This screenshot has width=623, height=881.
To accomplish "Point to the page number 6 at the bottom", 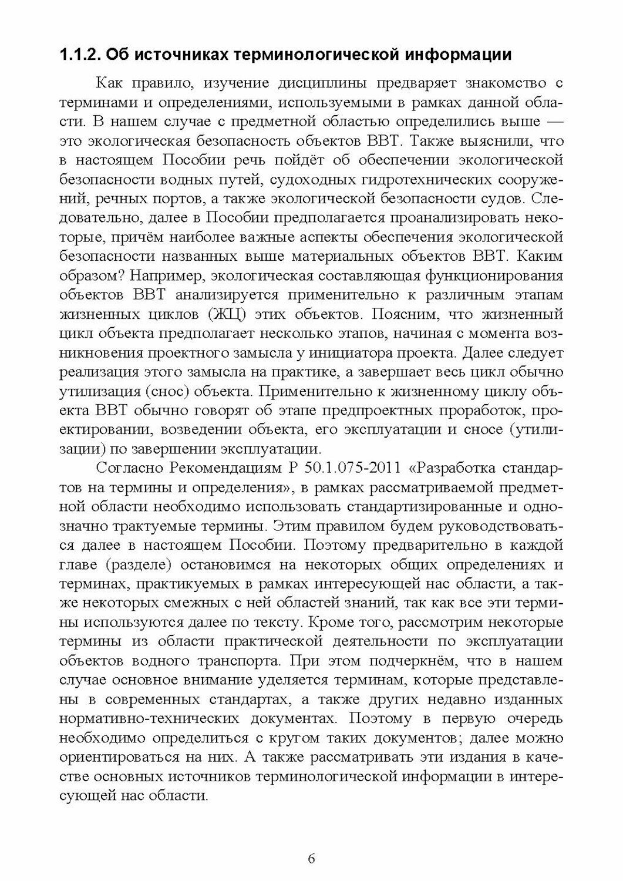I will tap(312, 859).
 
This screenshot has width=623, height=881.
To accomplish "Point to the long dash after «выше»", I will tap(551, 122).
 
